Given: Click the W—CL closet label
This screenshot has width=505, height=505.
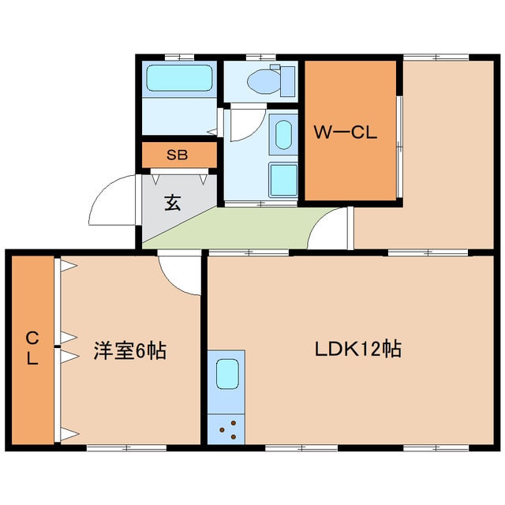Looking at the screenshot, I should tap(346, 133).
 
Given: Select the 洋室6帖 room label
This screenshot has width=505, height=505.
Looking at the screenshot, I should tap(130, 350).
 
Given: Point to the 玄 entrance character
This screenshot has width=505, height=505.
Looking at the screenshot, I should tap(172, 203).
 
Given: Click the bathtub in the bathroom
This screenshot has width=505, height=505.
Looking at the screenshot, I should tap(179, 80).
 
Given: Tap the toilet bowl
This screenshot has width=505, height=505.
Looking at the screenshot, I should tap(260, 80).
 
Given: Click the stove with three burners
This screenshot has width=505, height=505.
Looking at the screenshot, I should tap(227, 430).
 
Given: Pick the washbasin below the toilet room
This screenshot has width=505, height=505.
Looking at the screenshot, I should tap(282, 134).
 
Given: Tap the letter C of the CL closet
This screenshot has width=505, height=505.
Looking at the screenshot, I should tap(32, 339).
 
